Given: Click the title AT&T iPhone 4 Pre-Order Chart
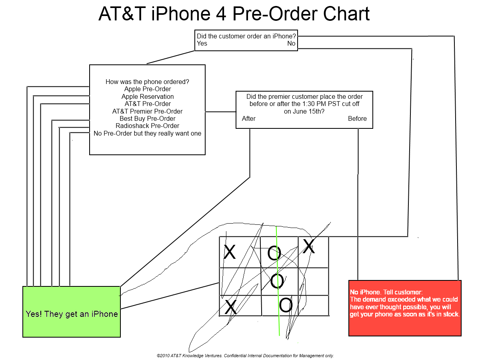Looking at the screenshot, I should (x=234, y=14).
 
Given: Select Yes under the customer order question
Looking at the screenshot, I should (x=202, y=43).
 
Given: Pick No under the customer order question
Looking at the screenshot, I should (x=291, y=43).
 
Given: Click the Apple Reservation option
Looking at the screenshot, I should (x=148, y=96).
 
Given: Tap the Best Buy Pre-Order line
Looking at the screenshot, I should (x=148, y=118).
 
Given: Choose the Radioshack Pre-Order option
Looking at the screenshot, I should (x=148, y=126).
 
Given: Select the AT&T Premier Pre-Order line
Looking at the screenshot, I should (x=148, y=111).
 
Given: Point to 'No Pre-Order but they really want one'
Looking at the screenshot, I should (x=148, y=133).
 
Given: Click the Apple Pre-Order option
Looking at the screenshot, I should (x=148, y=89).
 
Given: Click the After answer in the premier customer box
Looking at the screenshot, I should (x=249, y=118).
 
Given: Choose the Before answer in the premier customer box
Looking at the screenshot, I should (x=357, y=118).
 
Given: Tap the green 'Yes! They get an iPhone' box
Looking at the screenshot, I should (x=72, y=312).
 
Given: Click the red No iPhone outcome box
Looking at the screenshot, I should (x=405, y=308).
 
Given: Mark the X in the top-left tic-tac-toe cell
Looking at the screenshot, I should (x=230, y=252).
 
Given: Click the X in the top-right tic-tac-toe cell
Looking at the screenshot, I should (x=309, y=246).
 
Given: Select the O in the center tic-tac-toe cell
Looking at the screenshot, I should (x=278, y=281).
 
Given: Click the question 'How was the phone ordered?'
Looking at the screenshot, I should (x=148, y=82).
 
